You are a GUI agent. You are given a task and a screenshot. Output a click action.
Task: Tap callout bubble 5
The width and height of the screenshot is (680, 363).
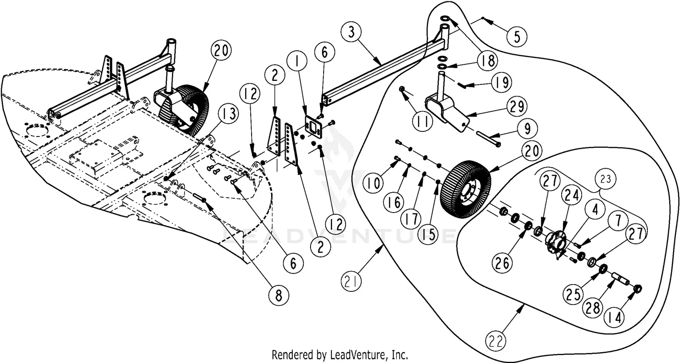[x=517, y=36]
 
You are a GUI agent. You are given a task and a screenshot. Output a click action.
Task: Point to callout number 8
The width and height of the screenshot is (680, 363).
[x=279, y=295]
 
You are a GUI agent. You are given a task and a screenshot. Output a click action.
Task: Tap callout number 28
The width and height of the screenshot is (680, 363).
[x=593, y=308]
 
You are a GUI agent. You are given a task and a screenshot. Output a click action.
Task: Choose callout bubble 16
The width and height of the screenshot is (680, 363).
[x=393, y=202]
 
